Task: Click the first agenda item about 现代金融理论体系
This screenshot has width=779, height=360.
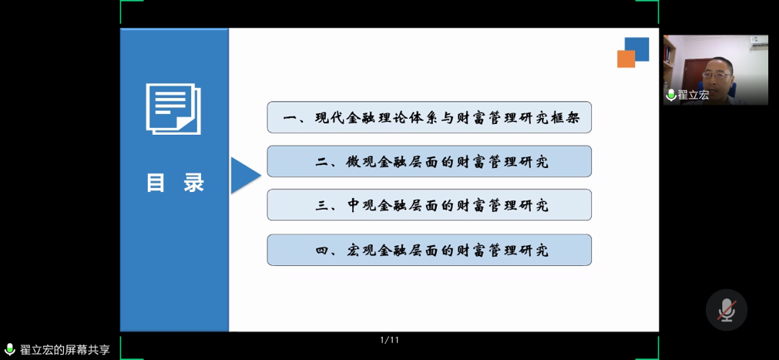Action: click(429, 117)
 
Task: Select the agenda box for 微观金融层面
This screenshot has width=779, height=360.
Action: click(429, 161)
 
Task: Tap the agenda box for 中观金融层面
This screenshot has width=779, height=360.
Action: click(429, 205)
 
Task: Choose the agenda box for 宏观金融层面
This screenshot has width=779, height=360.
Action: click(429, 250)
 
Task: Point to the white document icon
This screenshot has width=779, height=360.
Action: click(173, 109)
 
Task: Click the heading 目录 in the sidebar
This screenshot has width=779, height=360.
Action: click(176, 183)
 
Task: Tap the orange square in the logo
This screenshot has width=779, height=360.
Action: click(626, 59)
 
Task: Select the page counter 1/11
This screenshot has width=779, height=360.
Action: click(390, 341)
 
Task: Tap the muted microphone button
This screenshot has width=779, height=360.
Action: click(727, 310)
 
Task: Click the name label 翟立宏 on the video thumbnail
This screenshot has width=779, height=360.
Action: click(693, 95)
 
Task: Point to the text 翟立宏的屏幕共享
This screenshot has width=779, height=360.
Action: click(65, 349)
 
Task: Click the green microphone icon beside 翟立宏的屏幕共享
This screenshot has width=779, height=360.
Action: click(9, 349)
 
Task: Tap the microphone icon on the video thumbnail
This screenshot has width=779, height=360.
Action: click(671, 95)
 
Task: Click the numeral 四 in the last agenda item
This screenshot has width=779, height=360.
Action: click(322, 250)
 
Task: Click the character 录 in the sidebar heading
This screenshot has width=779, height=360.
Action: click(193, 183)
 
